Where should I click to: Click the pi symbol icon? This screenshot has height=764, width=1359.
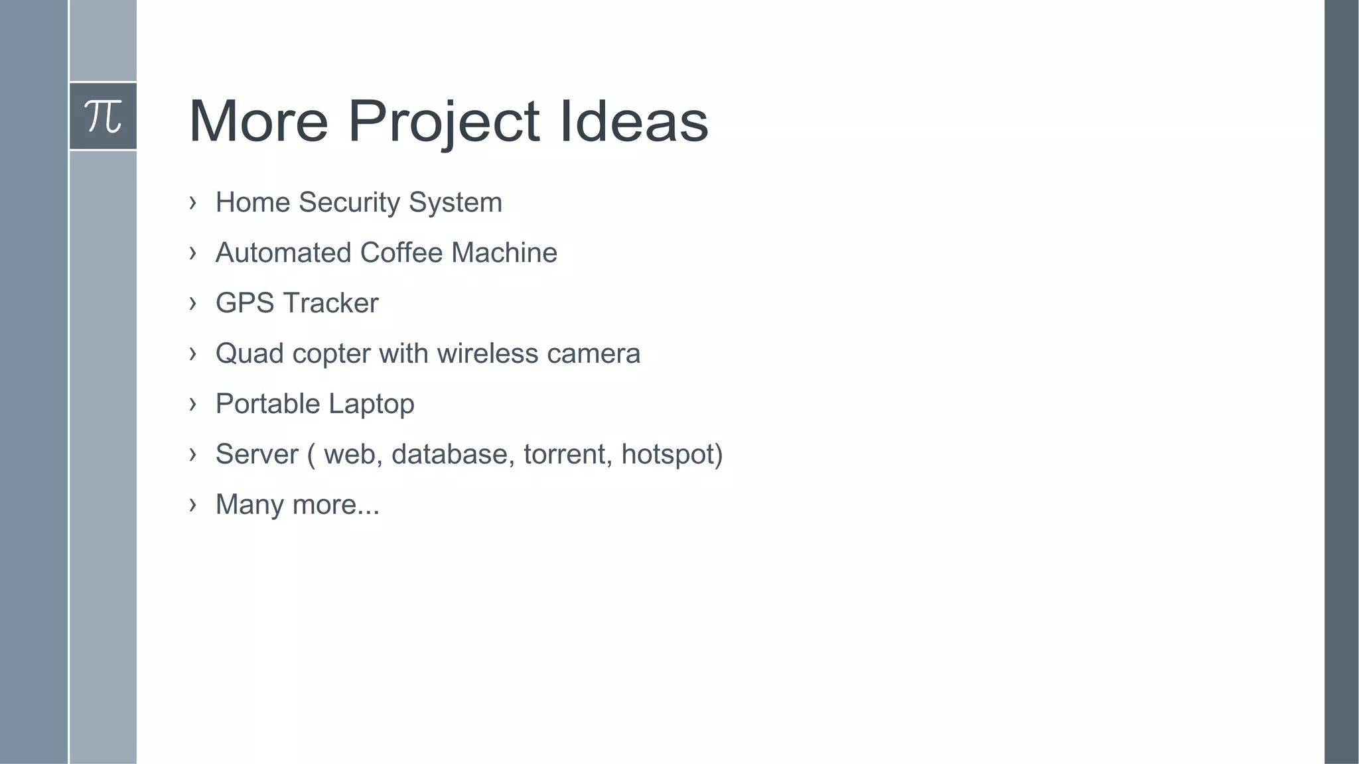pos(103,116)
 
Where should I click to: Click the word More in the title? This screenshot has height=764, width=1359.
pos(259,121)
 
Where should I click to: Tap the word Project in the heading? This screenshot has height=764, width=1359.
pos(443,121)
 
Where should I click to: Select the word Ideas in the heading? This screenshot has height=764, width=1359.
pos(634,121)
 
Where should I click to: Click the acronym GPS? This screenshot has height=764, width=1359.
pos(245,303)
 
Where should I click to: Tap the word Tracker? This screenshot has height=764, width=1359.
pos(330,303)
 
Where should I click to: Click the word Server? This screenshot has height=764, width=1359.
pos(257,454)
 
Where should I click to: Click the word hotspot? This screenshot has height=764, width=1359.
pos(668,454)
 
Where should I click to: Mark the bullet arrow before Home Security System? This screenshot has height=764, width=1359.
pos(192,202)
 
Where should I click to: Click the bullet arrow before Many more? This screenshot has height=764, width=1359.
pos(192,504)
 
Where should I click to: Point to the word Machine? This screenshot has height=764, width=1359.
pos(504,253)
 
